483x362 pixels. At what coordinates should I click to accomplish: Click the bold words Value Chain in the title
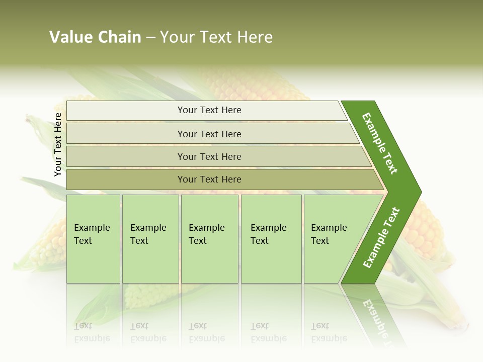coord(95,37)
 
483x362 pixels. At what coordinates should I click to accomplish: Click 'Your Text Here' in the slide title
coord(216,37)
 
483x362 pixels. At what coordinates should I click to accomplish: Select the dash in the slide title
coord(150,38)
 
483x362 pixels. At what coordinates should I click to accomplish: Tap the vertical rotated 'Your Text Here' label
coord(58,144)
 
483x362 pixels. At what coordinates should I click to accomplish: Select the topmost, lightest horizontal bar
coord(206,111)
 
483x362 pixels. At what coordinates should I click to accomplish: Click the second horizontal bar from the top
coord(211,134)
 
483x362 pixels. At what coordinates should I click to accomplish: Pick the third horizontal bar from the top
coord(216,156)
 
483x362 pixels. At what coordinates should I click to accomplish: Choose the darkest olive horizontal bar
coord(221,179)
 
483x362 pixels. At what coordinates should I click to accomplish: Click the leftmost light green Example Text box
coord(93,239)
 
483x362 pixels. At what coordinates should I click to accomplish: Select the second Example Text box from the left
coord(150,239)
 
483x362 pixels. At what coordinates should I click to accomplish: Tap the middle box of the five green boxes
coord(209,239)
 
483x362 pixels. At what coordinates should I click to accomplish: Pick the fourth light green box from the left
coord(271,239)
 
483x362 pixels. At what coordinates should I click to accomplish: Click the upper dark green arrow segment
coord(381,143)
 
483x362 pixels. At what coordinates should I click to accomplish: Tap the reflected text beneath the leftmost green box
coord(92,332)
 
